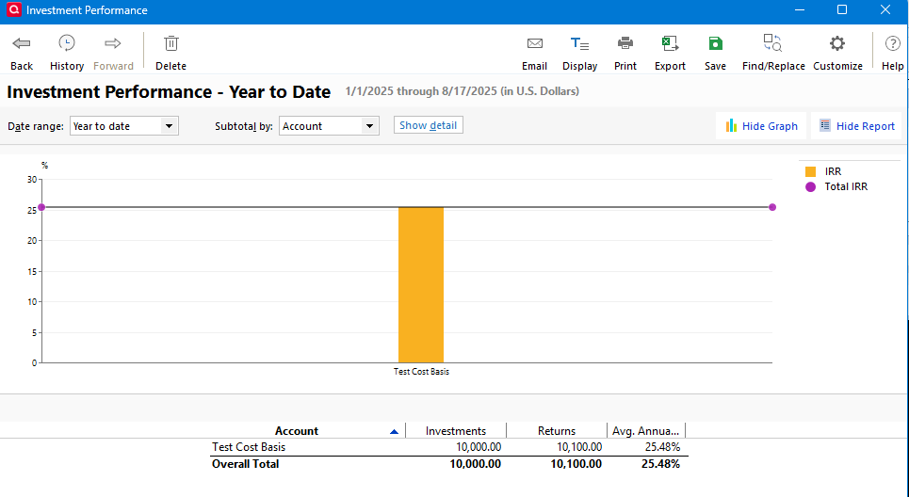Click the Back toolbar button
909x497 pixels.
pyautogui.click(x=22, y=53)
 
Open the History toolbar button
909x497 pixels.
pyautogui.click(x=67, y=53)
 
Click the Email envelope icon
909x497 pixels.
pyautogui.click(x=534, y=43)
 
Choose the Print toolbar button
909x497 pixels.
pyautogui.click(x=625, y=53)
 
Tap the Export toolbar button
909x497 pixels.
pyautogui.click(x=671, y=53)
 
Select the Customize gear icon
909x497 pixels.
pyautogui.click(x=836, y=43)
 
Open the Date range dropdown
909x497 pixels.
pyautogui.click(x=124, y=126)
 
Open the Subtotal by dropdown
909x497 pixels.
pyautogui.click(x=329, y=126)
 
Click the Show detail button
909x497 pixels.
pyautogui.click(x=429, y=125)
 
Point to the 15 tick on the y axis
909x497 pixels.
pyautogui.click(x=32, y=271)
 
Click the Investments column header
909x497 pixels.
pyautogui.click(x=456, y=431)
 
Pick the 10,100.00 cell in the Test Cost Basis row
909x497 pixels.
pyautogui.click(x=579, y=447)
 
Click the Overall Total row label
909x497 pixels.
pyautogui.click(x=246, y=464)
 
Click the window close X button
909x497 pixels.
pyautogui.click(x=885, y=10)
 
